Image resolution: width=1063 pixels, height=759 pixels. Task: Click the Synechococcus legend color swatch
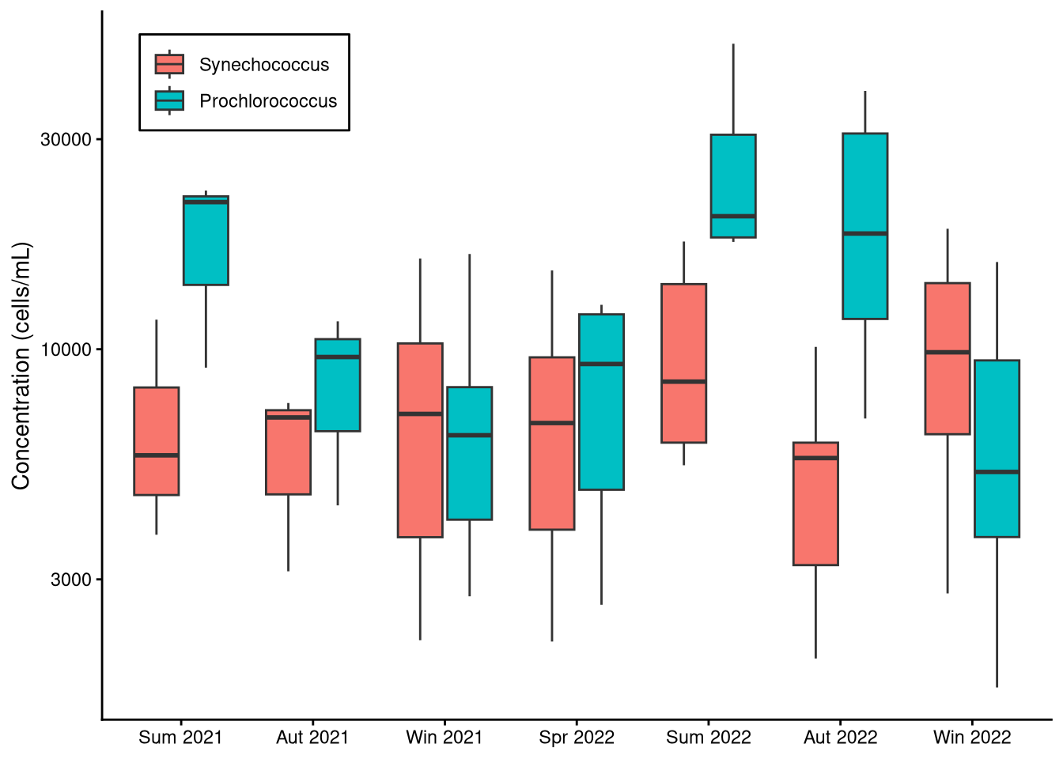pyautogui.click(x=169, y=64)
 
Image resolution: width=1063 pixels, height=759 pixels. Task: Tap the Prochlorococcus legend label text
pyautogui.click(x=268, y=101)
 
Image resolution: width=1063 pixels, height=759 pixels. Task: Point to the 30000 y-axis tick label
pyautogui.click(x=66, y=140)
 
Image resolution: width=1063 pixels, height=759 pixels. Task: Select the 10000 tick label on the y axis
pyautogui.click(x=66, y=349)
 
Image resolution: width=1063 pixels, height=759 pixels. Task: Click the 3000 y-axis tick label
pyautogui.click(x=71, y=580)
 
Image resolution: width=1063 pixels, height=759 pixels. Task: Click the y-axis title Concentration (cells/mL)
pyautogui.click(x=21, y=366)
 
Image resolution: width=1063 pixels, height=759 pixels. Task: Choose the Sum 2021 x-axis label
pyautogui.click(x=180, y=738)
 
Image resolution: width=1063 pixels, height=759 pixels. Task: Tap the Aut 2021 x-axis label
pyautogui.click(x=312, y=738)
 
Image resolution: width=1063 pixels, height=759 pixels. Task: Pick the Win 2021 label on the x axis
pyautogui.click(x=444, y=738)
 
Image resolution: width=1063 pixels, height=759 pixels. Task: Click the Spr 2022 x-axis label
pyautogui.click(x=577, y=738)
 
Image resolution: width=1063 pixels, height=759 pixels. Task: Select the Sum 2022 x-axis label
pyautogui.click(x=709, y=738)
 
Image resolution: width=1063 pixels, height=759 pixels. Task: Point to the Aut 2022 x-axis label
pyautogui.click(x=841, y=738)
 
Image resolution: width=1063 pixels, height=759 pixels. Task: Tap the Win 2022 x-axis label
pyautogui.click(x=972, y=738)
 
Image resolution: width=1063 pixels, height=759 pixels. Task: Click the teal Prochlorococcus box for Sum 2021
pyautogui.click(x=206, y=245)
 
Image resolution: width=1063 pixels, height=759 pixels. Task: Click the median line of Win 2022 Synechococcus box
pyautogui.click(x=948, y=352)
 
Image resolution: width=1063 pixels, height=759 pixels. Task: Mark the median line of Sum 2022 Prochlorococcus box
pyautogui.click(x=733, y=216)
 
